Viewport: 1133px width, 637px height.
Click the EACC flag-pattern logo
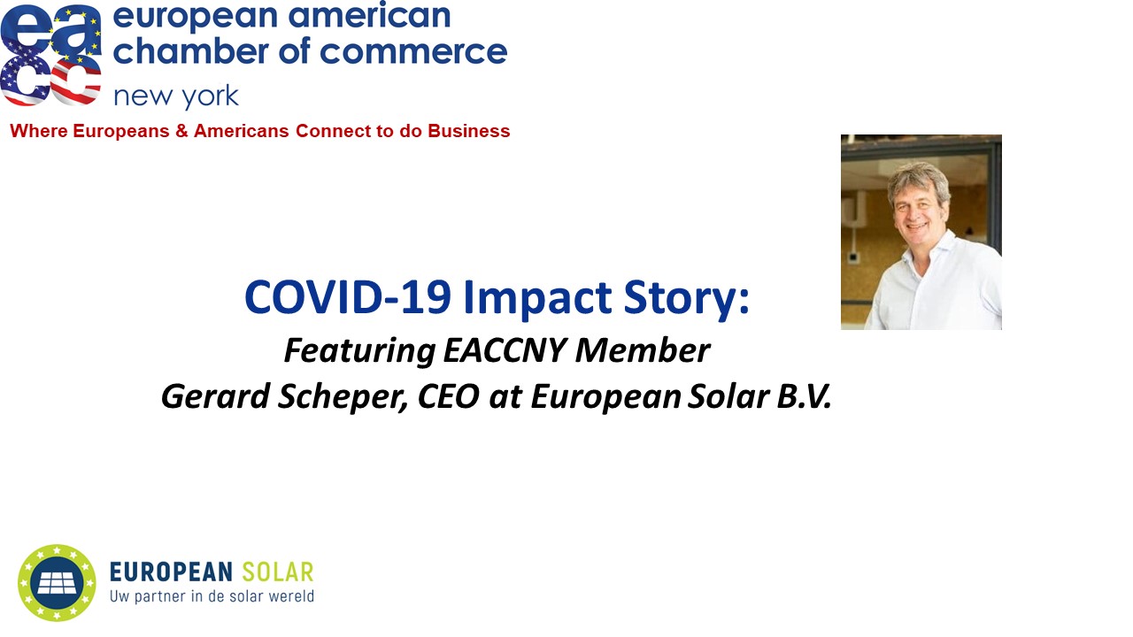coord(50,55)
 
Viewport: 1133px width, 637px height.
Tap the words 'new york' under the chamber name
coord(176,96)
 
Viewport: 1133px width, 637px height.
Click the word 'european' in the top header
coord(195,17)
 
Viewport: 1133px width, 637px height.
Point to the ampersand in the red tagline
coord(181,131)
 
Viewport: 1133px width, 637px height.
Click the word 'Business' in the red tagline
coord(469,131)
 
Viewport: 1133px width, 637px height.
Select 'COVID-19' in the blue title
coord(348,297)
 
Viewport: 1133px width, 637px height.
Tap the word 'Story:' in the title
coord(686,299)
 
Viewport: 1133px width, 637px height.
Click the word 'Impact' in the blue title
coord(537,299)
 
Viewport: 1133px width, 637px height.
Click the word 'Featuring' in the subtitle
coord(359,351)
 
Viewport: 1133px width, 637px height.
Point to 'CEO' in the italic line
coord(448,396)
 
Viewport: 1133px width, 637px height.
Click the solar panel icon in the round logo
coord(58,583)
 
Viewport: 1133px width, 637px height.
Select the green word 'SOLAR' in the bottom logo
coord(278,572)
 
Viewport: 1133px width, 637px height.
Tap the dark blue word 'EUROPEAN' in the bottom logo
coord(171,572)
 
